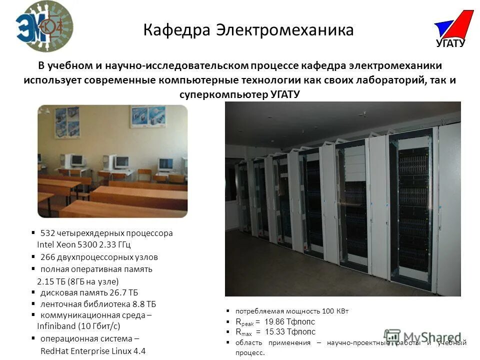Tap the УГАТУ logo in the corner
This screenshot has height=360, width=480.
click(452, 30)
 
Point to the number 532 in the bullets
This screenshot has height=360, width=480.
click(47, 233)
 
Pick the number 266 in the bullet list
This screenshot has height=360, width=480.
click(47, 257)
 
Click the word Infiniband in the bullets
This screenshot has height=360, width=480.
click(57, 326)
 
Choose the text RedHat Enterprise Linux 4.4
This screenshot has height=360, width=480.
click(93, 350)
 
